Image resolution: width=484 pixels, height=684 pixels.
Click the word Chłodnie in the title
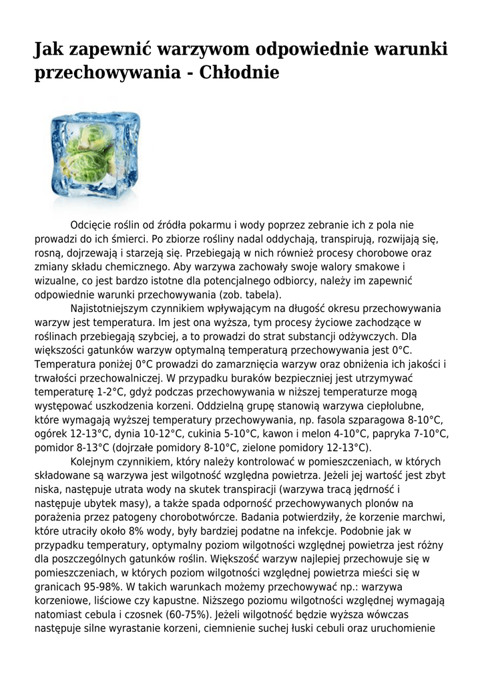point(240,72)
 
